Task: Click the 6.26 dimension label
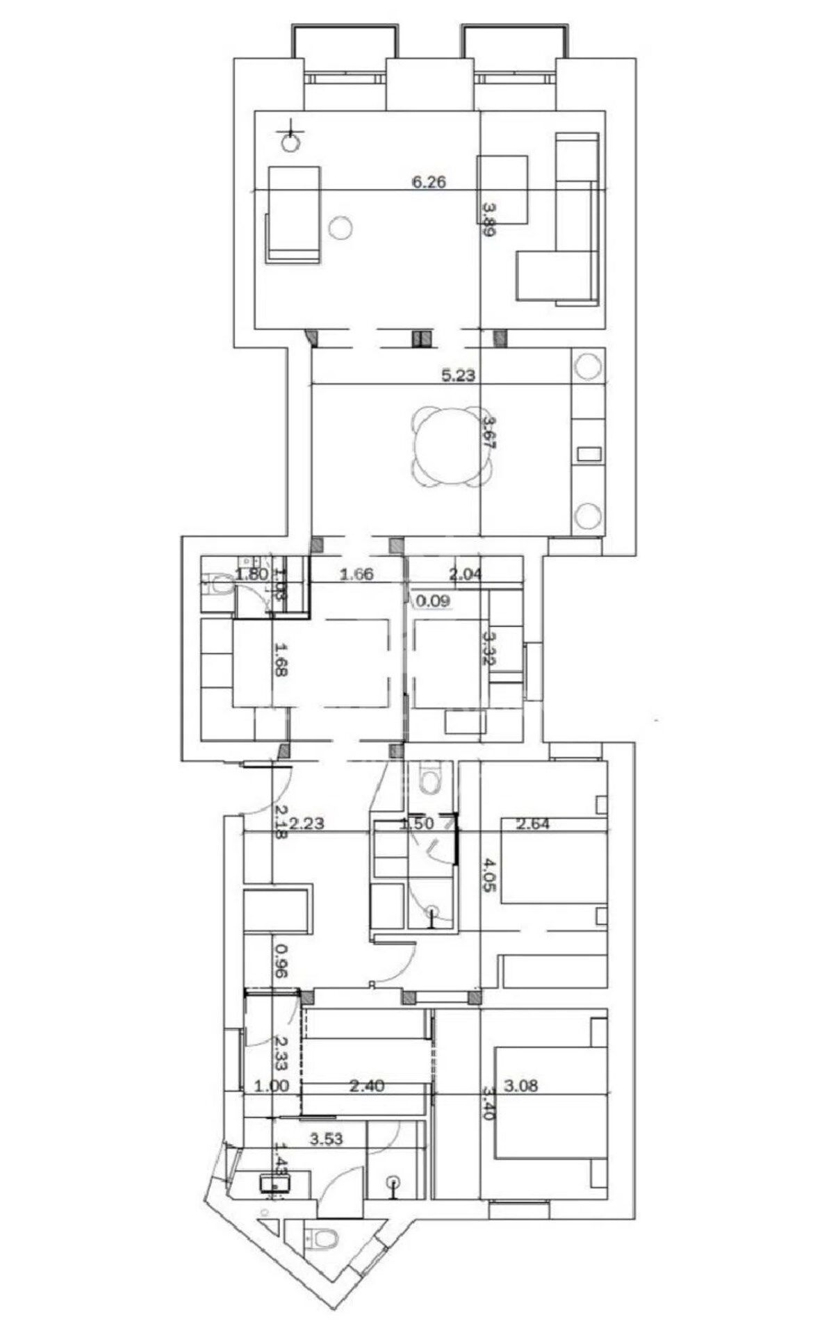428,183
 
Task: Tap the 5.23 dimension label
458,376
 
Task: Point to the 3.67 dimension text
490,434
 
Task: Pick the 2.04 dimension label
466,574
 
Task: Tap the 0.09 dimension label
433,600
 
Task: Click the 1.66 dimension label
356,574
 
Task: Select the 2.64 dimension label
533,824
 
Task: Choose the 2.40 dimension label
366,1086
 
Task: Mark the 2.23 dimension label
307,824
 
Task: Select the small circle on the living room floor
340,227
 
